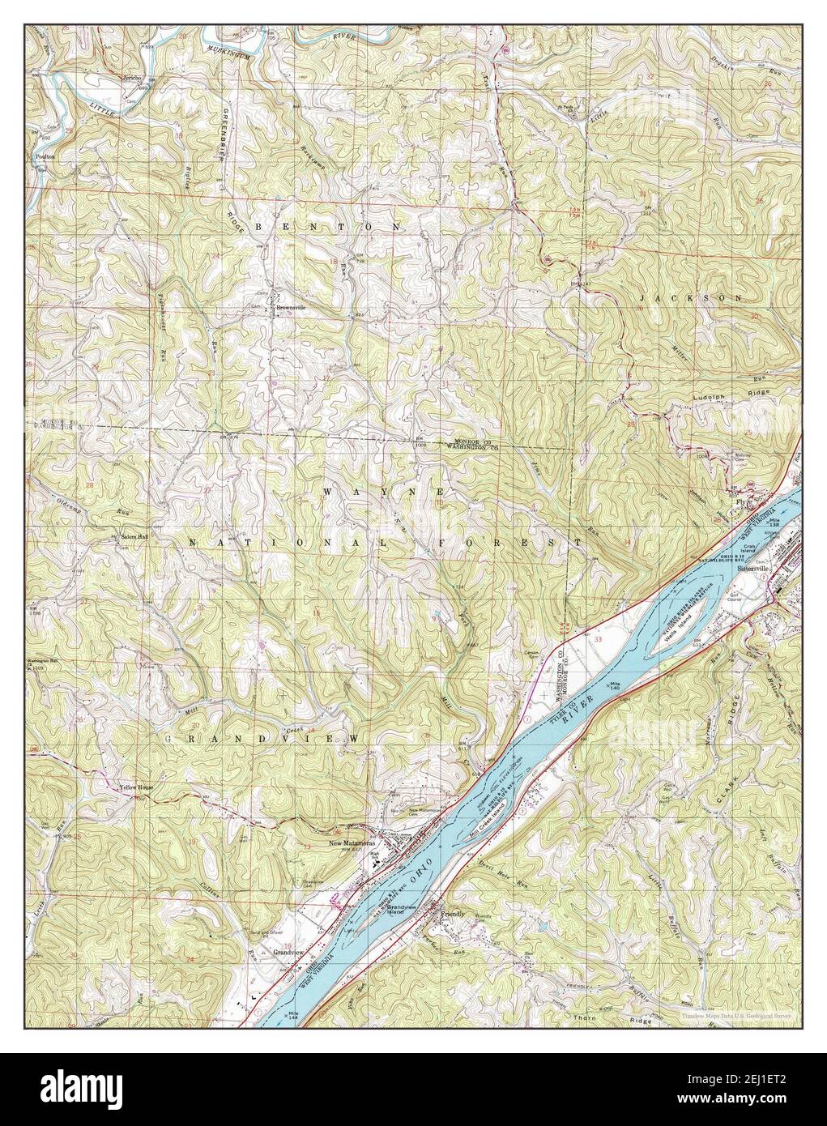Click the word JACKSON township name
coord(691,298)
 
